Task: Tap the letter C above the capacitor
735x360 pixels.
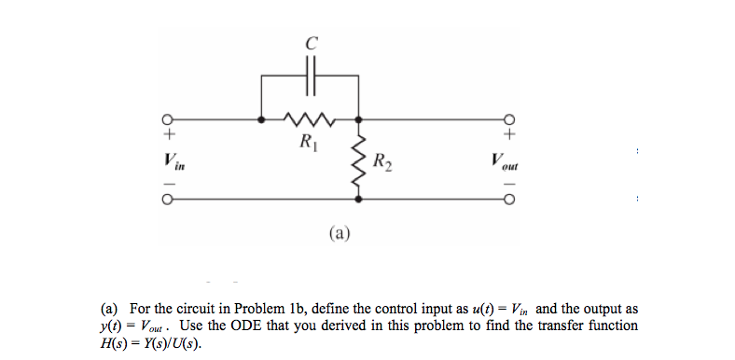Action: tap(312, 41)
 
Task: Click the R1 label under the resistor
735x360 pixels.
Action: tap(306, 143)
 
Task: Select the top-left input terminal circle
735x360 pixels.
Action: tap(169, 119)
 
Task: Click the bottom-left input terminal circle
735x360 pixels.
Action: tap(169, 199)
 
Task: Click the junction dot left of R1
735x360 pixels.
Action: tap(260, 119)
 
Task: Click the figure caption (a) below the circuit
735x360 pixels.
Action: tap(338, 231)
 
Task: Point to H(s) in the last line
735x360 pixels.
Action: tap(115, 342)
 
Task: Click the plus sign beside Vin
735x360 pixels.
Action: tap(170, 135)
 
